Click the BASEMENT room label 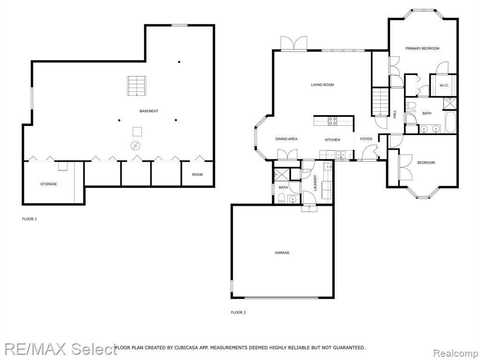click(149, 111)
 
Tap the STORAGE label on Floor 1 click(49, 184)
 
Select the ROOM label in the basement click(197, 174)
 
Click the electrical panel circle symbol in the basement click(135, 146)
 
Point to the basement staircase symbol click(136, 86)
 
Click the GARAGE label click(282, 253)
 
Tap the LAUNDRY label click(315, 183)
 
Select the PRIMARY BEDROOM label click(422, 48)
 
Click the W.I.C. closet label click(444, 85)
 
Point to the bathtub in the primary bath click(450, 122)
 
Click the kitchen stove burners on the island click(332, 121)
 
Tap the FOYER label click(366, 139)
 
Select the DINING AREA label click(286, 139)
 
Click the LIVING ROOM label click(322, 85)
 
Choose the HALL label click(394, 114)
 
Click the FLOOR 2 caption click(238, 313)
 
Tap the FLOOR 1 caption click(30, 219)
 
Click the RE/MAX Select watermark click(60, 349)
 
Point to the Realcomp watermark click(456, 353)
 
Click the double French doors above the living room click(294, 43)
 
